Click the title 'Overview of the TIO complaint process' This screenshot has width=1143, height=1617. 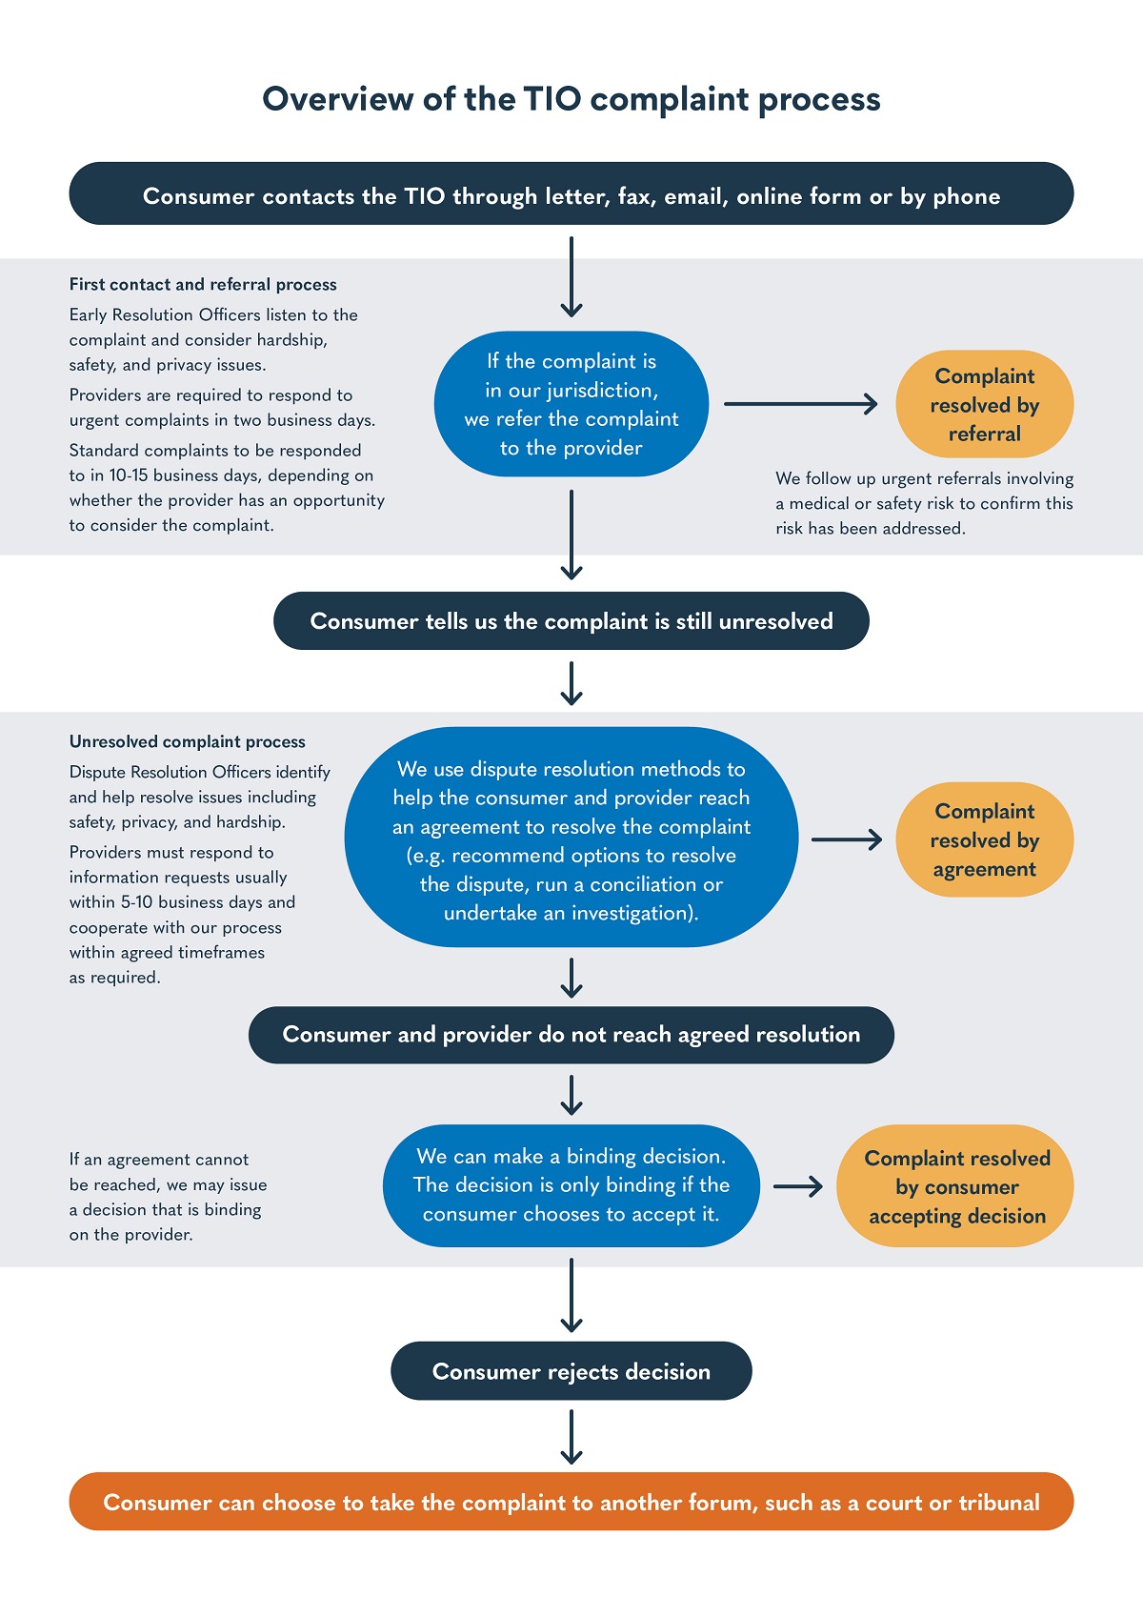571,100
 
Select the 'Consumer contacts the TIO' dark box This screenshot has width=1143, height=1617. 571,193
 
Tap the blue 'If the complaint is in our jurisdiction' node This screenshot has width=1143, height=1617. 571,403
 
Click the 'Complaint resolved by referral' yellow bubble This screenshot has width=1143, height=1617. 984,404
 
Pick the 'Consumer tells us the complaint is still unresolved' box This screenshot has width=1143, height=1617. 571,621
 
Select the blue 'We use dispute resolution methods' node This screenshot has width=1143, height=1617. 571,837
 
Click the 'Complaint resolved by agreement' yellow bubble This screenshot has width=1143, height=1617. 984,839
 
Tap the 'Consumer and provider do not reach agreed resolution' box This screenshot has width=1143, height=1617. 571,1035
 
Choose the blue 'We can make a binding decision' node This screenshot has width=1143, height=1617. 571,1185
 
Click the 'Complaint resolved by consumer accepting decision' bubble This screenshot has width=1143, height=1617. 954,1185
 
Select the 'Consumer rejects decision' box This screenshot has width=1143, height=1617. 571,1371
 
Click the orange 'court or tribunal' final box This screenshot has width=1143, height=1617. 571,1502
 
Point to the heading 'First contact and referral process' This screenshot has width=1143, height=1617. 203,284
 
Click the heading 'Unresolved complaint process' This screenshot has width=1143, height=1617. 187,741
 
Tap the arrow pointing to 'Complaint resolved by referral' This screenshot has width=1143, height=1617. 800,403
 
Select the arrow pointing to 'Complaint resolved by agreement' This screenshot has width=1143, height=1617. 847,839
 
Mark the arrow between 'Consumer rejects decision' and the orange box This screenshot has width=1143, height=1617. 571,1437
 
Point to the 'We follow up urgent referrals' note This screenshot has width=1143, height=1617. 924,503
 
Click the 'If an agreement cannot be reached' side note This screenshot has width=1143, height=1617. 169,1196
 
